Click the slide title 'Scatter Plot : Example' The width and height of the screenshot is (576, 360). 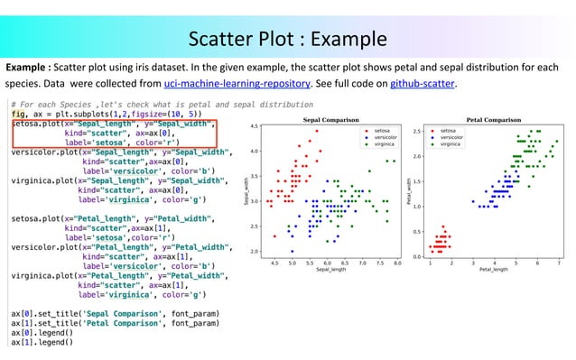point(287,40)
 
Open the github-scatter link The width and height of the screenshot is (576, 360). point(423,83)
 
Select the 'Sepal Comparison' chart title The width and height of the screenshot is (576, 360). point(328,119)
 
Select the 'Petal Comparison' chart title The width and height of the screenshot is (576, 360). point(493,119)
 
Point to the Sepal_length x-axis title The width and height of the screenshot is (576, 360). point(330,269)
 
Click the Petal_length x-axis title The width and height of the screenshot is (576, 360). point(493,269)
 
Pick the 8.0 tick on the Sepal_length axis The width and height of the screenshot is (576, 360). point(396,263)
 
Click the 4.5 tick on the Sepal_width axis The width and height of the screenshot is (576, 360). point(255,127)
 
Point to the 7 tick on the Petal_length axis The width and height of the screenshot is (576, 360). point(558,263)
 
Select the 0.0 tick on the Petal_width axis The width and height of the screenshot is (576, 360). point(418,256)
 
